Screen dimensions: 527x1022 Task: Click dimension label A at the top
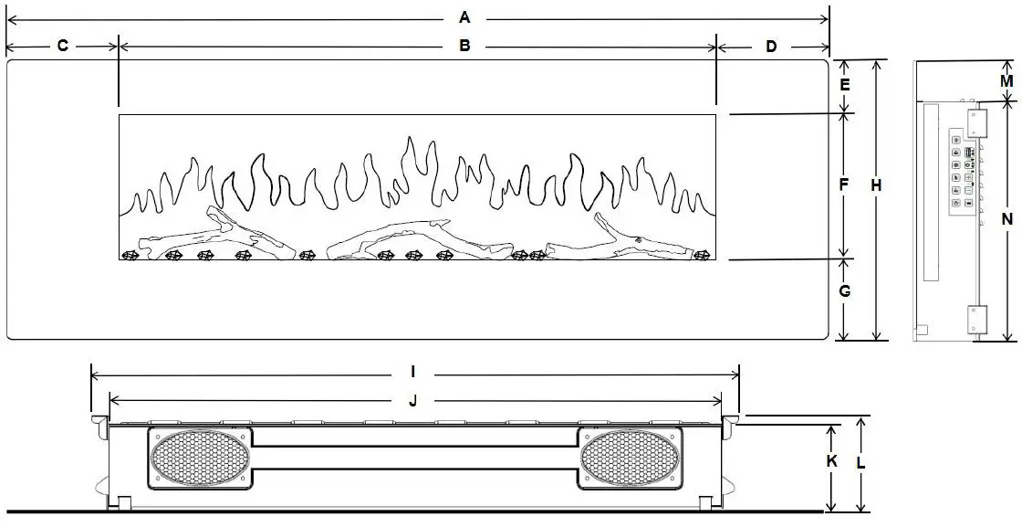tap(464, 17)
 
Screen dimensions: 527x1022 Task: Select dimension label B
tap(464, 46)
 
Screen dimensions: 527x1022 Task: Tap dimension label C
tap(62, 46)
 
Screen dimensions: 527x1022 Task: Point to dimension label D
tap(771, 46)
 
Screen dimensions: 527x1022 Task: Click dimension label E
tap(845, 85)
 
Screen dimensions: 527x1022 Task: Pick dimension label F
tap(845, 185)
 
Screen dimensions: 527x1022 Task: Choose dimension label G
tap(845, 291)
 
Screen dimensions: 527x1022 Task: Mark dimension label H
tap(876, 185)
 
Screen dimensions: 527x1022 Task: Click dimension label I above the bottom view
tap(413, 372)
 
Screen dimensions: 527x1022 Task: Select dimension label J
tap(413, 400)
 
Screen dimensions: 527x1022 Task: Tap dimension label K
tap(831, 461)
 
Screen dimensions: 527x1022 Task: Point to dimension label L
tap(861, 462)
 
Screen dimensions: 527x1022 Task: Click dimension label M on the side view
tap(1006, 80)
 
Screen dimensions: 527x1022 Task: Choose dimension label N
tap(1006, 218)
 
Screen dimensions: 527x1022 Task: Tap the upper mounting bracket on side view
tap(978, 122)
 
